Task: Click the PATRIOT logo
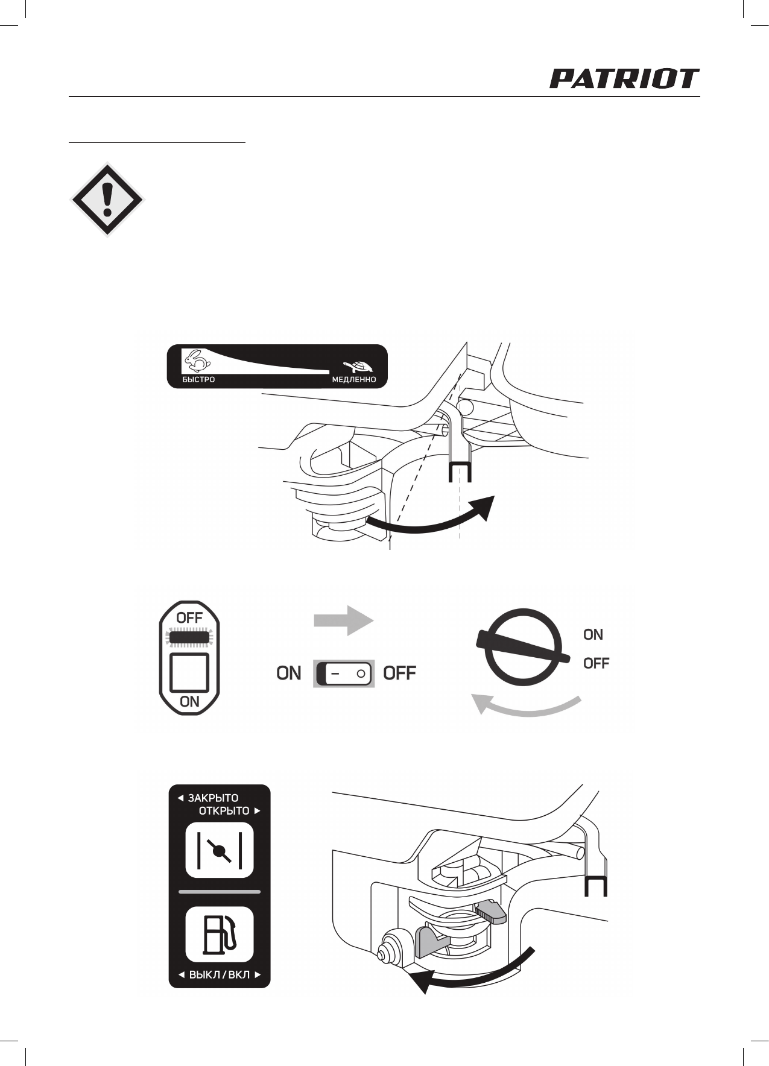click(624, 79)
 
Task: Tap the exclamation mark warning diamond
click(107, 200)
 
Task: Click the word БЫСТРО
click(198, 380)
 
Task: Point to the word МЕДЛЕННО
click(353, 380)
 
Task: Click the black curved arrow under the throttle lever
click(431, 520)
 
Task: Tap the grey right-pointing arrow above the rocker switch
click(343, 621)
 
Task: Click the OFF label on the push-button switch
click(189, 618)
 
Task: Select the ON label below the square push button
click(189, 701)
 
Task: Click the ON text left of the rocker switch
click(289, 673)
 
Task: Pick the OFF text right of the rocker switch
click(399, 673)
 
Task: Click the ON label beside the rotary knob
click(593, 635)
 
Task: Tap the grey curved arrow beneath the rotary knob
click(525, 707)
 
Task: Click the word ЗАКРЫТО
click(213, 798)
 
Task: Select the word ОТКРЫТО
click(224, 811)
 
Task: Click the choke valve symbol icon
click(220, 850)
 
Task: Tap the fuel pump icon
click(220, 934)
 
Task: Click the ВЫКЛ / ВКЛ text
click(220, 975)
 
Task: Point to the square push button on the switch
click(189, 672)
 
